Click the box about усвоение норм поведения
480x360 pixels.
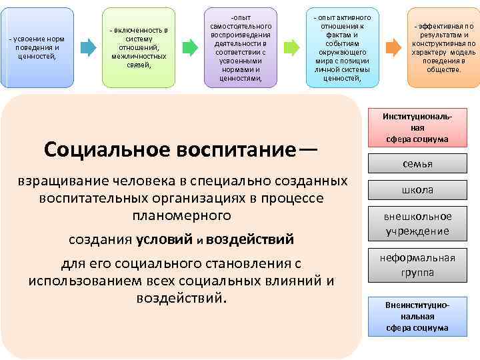click(37, 48)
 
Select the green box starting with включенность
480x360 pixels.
click(139, 48)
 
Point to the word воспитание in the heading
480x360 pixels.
click(230, 150)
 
